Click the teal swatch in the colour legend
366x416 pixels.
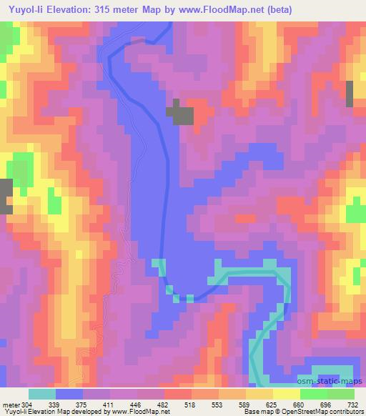[42, 394]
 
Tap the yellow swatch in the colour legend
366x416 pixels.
[286, 394]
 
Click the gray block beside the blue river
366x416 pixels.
[180, 114]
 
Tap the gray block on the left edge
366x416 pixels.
[6, 195]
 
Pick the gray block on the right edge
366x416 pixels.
[350, 93]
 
